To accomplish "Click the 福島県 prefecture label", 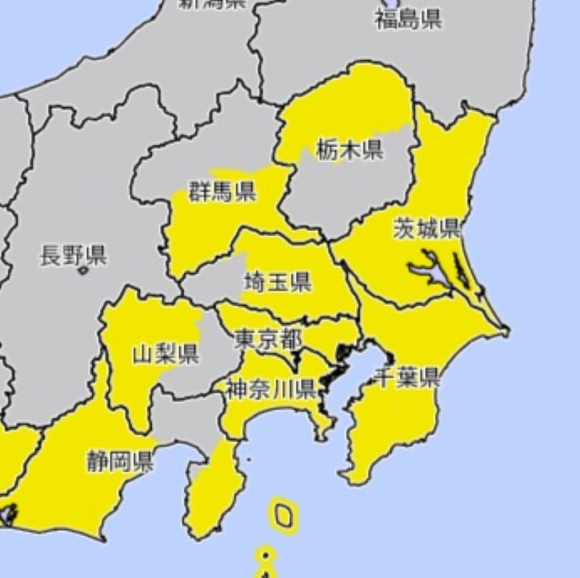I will click(408, 18).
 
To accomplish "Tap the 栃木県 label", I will click(349, 150).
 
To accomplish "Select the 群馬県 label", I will click(222, 192).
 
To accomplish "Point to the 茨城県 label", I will click(426, 229).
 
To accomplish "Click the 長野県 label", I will click(72, 255).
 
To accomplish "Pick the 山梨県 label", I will click(166, 354).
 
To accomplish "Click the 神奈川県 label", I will click(270, 389).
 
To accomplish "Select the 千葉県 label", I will click(407, 377).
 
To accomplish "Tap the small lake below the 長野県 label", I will click(82, 270).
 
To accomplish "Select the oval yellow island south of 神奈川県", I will click(284, 515).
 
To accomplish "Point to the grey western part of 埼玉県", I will click(210, 286).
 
